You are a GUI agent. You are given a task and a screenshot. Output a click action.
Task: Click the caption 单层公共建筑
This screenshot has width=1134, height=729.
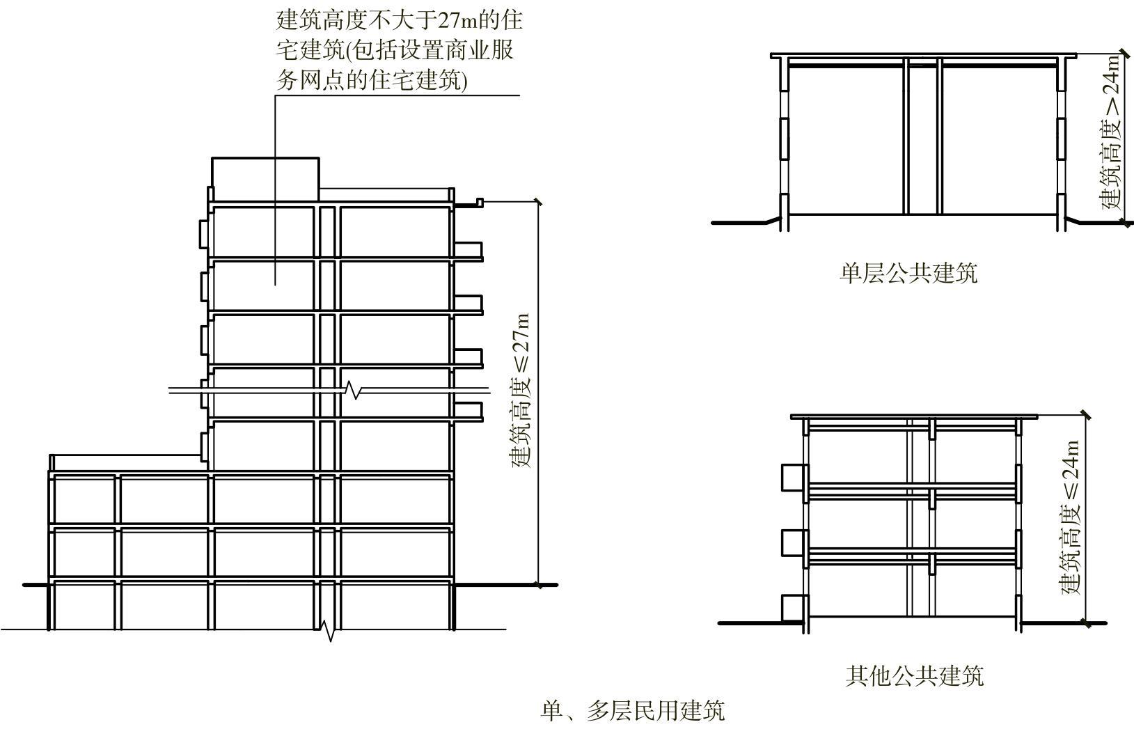pos(908,272)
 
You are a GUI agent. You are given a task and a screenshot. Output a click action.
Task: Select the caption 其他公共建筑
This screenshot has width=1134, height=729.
pos(914,675)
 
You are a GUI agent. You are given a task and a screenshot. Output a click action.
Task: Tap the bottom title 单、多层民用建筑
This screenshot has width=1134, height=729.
pos(633,711)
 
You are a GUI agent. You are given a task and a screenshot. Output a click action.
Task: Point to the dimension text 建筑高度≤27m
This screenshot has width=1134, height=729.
pos(522,391)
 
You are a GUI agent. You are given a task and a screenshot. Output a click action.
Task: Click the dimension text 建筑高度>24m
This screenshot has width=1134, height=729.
pos(1112,132)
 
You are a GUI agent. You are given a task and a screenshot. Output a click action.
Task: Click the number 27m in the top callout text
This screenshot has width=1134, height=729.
pos(457,21)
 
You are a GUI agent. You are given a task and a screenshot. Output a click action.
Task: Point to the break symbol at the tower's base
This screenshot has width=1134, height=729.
pos(329,631)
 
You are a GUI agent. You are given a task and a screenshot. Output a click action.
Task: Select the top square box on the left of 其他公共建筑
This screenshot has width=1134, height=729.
pos(792,478)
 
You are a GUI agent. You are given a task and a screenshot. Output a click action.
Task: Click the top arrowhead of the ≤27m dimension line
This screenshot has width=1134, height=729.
pos(537,202)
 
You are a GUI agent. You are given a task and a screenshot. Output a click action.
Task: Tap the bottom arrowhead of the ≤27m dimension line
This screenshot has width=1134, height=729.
pos(538,584)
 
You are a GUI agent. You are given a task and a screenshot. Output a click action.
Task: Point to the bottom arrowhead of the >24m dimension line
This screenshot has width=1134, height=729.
pos(1121,223)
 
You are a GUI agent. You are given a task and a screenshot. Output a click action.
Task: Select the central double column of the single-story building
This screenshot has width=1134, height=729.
pos(923,136)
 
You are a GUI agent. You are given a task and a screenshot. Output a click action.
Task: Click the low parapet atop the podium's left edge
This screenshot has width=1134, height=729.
pos(52,462)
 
